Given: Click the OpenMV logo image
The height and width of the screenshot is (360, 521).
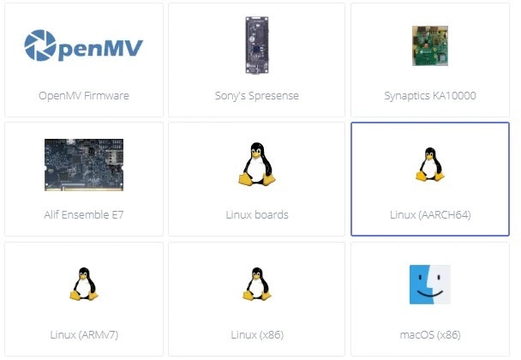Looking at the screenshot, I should [x=83, y=45].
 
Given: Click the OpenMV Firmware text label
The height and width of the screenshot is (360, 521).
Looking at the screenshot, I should [x=84, y=95].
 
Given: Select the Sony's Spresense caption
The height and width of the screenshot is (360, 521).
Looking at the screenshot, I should [x=256, y=95].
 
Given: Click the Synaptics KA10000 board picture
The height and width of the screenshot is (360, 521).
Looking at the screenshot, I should [x=429, y=45].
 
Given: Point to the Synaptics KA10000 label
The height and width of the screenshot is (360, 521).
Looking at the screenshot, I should [x=430, y=95].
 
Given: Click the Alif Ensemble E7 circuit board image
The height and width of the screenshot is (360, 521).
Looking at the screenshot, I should [x=84, y=165].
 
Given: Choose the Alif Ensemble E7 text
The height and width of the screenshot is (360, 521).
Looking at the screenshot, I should [x=84, y=214].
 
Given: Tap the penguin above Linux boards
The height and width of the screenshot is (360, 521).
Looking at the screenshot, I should [x=256, y=164].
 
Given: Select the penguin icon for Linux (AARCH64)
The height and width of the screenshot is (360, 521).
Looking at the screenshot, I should [x=429, y=164].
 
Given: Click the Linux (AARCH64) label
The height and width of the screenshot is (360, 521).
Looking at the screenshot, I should [x=430, y=214].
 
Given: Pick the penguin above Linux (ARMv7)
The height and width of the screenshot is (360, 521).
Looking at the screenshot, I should [x=84, y=284].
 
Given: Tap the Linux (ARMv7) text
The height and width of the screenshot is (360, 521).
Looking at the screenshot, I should [x=84, y=333].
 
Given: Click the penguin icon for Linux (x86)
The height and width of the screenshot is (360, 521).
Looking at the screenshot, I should [x=256, y=284].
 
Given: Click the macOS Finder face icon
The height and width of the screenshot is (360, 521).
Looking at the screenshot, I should [x=429, y=285].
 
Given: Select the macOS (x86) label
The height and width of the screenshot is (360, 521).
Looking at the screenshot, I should [x=430, y=333].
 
